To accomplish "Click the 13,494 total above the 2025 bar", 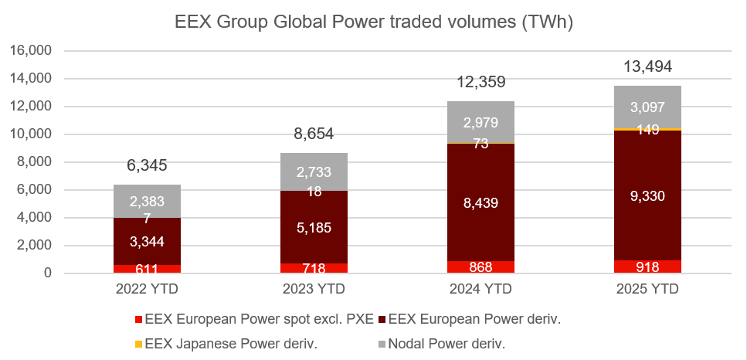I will pos(647,67).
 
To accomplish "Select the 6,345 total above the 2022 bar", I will pos(147,165).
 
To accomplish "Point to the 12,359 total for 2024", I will pos(480,82).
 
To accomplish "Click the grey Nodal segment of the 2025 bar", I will pos(647,107).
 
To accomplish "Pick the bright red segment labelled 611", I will pos(147,269).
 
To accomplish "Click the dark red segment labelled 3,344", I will pos(147,242).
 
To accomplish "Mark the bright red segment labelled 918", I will pos(647,267).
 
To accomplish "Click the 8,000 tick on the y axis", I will pos(34,162).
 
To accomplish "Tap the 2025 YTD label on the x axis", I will pos(647,290).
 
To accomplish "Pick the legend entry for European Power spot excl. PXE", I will pos(256,319).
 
